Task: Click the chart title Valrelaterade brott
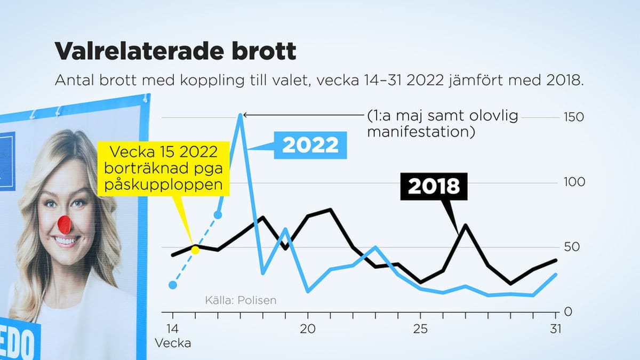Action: coord(175,51)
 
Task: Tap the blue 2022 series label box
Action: coord(310,145)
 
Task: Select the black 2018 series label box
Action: coord(434,186)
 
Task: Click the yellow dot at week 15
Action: coord(195,250)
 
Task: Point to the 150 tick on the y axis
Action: coord(574,117)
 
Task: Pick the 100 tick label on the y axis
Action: coord(574,182)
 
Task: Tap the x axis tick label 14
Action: coord(172,329)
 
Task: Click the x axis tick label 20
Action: coord(308,329)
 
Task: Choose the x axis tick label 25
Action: coord(420,329)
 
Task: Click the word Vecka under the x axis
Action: coord(173,343)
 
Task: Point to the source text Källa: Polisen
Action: coord(241,300)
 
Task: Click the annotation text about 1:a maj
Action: coord(442,124)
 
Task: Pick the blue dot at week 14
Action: coord(172,285)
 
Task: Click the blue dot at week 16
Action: coord(218,215)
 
